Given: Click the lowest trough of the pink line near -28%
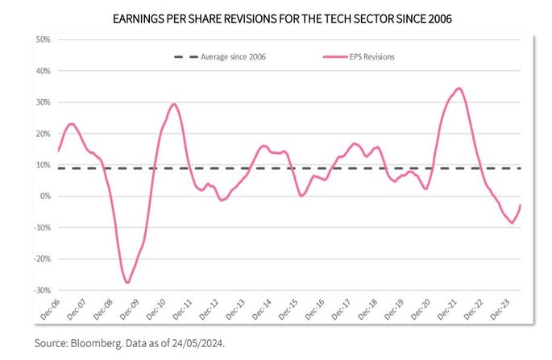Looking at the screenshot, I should point(127,283).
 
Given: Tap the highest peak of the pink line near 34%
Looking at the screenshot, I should point(459,89).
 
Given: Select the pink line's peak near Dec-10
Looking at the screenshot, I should point(173,104).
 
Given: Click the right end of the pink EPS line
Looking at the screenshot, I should point(521,205).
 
